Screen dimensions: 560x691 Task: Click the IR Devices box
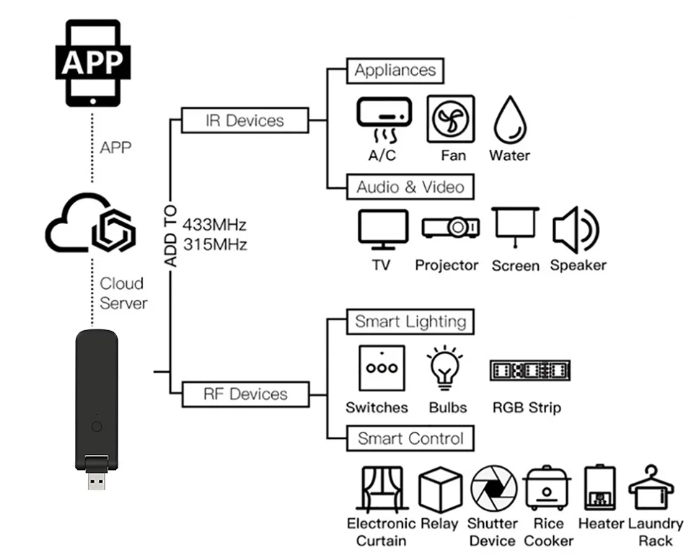(245, 120)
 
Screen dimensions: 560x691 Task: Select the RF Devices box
(245, 394)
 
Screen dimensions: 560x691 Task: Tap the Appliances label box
(395, 71)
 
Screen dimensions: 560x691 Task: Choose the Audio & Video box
(410, 187)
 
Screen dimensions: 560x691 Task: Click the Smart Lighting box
(410, 321)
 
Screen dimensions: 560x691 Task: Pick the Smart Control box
(410, 438)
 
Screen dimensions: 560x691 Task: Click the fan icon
(451, 119)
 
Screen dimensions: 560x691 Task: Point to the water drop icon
(509, 121)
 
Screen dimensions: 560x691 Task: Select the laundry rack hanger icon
(651, 488)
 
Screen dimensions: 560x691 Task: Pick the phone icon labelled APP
(92, 63)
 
